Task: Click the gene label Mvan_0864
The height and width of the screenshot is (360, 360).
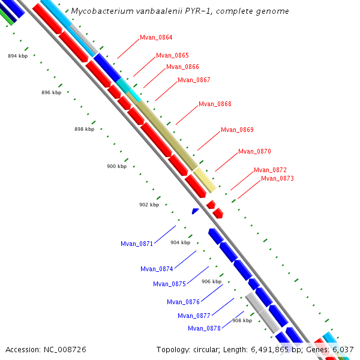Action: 156,37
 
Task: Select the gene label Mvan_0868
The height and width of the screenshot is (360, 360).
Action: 215,104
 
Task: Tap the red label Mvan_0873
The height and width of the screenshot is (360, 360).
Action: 277,178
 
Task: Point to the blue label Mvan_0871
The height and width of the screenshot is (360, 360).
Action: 137,244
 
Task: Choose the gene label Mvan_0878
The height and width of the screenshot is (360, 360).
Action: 204,328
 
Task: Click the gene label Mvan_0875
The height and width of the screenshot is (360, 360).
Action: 169,284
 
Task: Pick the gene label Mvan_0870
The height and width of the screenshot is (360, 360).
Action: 254,151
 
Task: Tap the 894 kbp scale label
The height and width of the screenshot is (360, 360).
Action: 17,56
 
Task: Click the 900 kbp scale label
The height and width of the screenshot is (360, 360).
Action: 116,166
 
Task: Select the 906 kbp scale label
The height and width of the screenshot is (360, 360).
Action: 211,281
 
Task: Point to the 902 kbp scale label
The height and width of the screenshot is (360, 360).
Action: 149,205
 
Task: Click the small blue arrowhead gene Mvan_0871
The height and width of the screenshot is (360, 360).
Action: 195,211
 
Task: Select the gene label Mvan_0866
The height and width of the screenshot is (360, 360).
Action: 182,67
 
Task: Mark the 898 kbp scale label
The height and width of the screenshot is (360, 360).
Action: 84,129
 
